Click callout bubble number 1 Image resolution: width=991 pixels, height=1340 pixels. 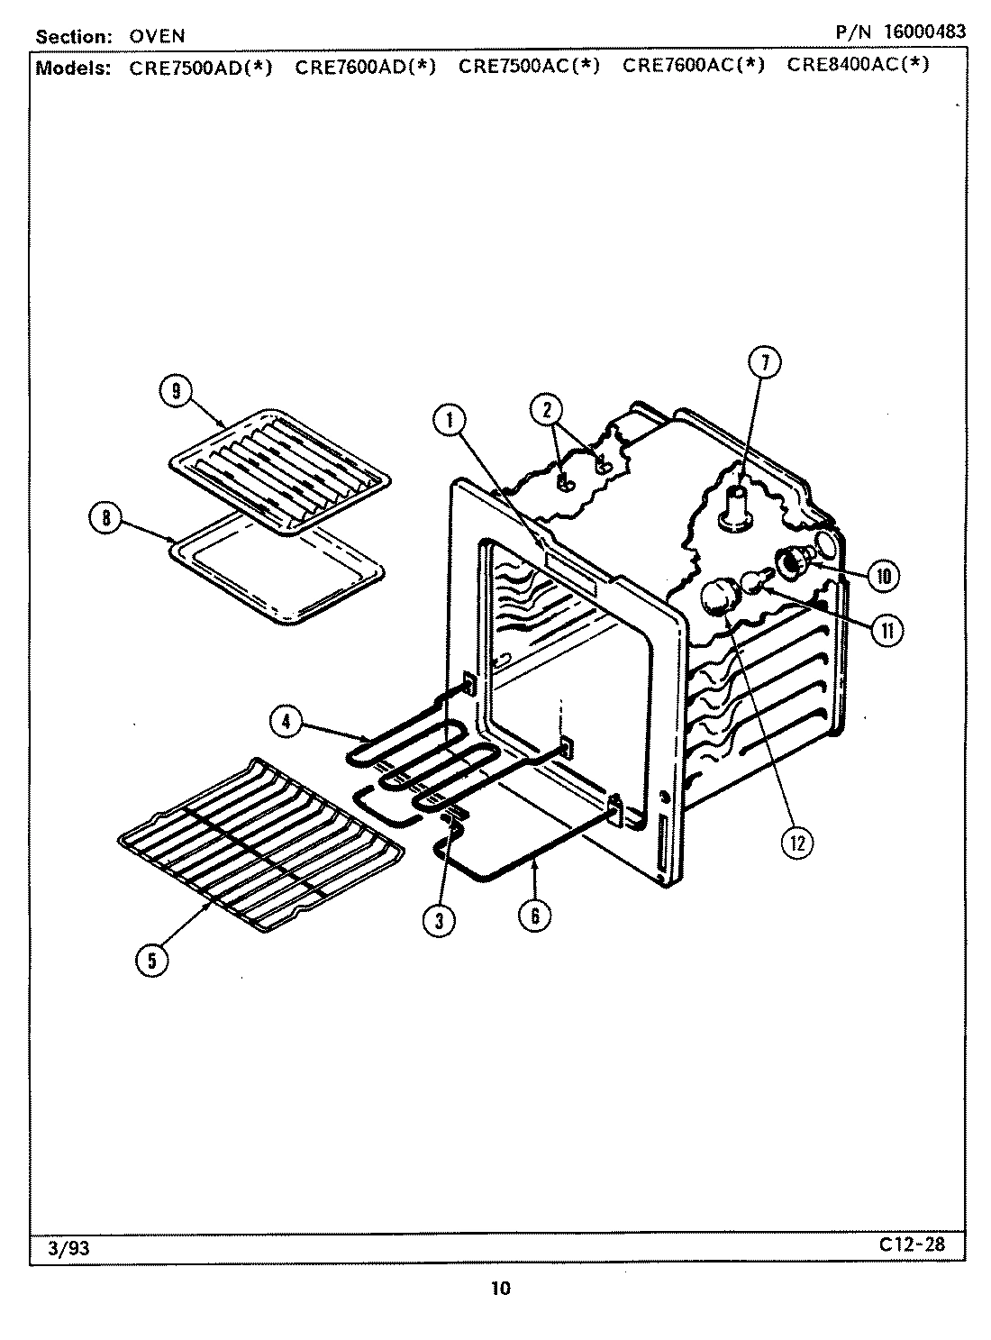tap(449, 418)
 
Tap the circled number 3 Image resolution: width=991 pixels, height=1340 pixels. tap(439, 919)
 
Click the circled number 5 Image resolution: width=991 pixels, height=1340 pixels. tap(151, 961)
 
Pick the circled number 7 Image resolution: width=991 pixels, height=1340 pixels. tap(765, 363)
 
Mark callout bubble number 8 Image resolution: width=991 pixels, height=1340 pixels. tap(106, 518)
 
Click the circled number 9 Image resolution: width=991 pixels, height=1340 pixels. tap(176, 390)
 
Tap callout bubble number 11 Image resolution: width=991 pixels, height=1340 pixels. tap(887, 630)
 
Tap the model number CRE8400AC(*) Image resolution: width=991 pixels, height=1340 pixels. tap(857, 65)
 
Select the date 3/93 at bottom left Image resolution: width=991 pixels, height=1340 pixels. tap(61, 1249)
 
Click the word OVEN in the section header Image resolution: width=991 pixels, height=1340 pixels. tap(157, 37)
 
